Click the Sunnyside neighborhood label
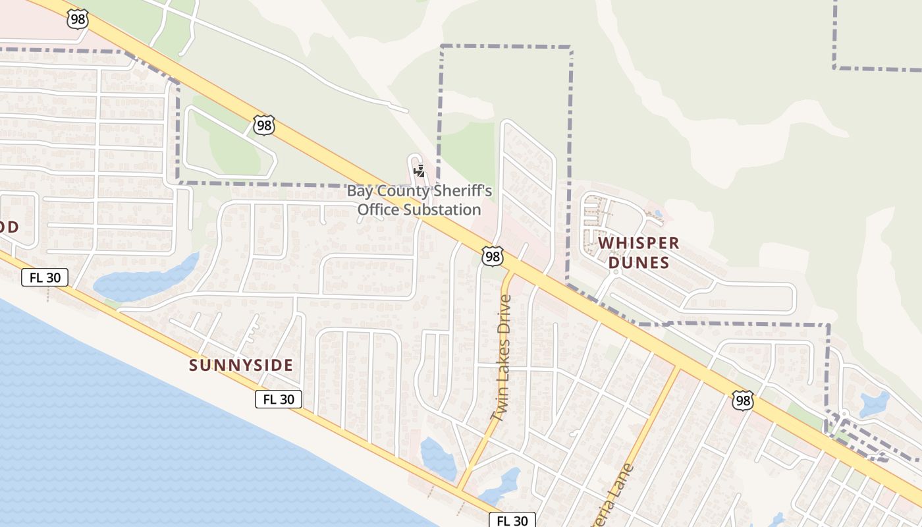pos(240,365)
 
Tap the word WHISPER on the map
pos(638,243)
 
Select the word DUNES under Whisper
pos(638,263)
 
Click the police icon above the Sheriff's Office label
pos(419,172)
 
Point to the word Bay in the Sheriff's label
pos(360,192)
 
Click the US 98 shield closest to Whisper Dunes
pos(492,256)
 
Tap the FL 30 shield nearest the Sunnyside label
pos(279,399)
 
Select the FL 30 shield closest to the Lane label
pos(512,520)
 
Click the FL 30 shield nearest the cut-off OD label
pos(45,277)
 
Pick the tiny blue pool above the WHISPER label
pos(659,214)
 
